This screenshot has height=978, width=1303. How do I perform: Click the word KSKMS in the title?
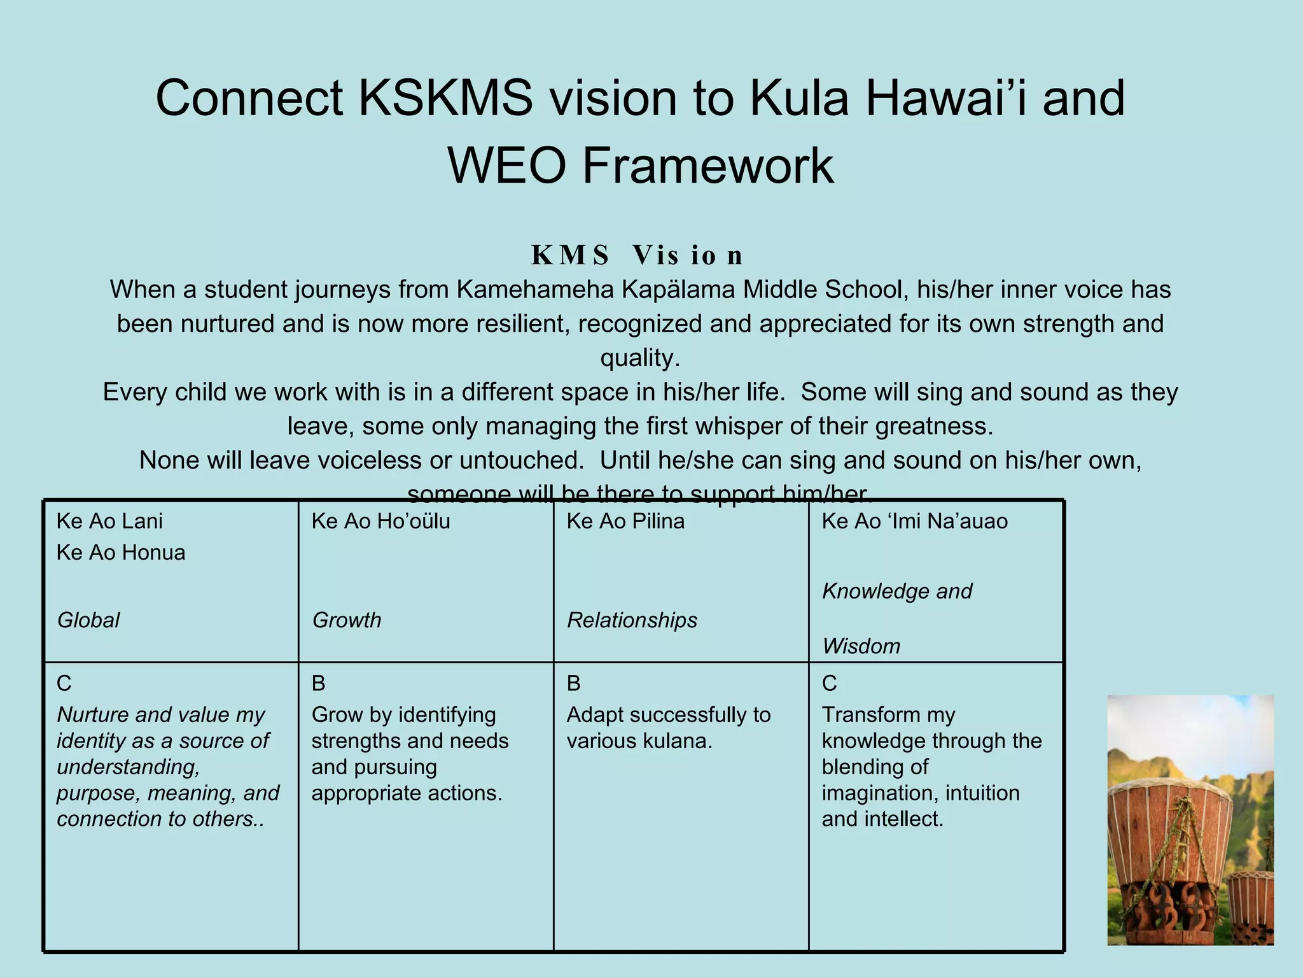[445, 99]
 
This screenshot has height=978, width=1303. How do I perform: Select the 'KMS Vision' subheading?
[637, 255]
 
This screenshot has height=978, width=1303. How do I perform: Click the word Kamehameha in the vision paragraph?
[535, 290]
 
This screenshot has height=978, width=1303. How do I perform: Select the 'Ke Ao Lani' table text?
[109, 521]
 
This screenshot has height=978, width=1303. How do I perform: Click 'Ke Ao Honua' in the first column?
[121, 553]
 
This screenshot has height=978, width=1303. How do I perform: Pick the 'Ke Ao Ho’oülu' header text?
[380, 521]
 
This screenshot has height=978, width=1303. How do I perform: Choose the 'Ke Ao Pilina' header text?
[625, 521]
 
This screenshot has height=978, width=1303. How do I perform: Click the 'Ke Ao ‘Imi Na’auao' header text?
[914, 521]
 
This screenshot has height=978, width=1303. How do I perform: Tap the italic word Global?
[88, 620]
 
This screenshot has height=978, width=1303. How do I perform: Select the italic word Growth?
[347, 620]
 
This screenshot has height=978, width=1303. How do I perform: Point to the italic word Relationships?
[632, 620]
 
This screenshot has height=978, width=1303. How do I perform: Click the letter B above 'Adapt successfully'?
[573, 684]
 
